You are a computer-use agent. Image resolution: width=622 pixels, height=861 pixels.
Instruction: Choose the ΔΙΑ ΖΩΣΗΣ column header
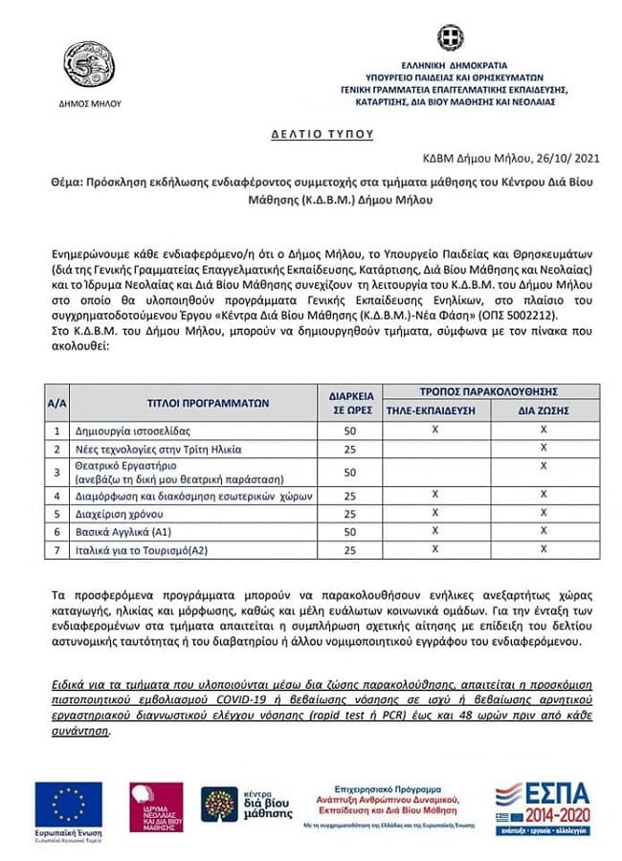(x=544, y=409)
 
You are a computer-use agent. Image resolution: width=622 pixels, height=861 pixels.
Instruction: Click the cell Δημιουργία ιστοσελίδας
(x=124, y=431)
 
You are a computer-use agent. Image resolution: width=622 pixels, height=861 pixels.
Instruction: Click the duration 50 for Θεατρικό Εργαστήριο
(x=349, y=472)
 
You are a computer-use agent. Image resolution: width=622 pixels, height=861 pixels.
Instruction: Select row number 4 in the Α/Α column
(x=57, y=496)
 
